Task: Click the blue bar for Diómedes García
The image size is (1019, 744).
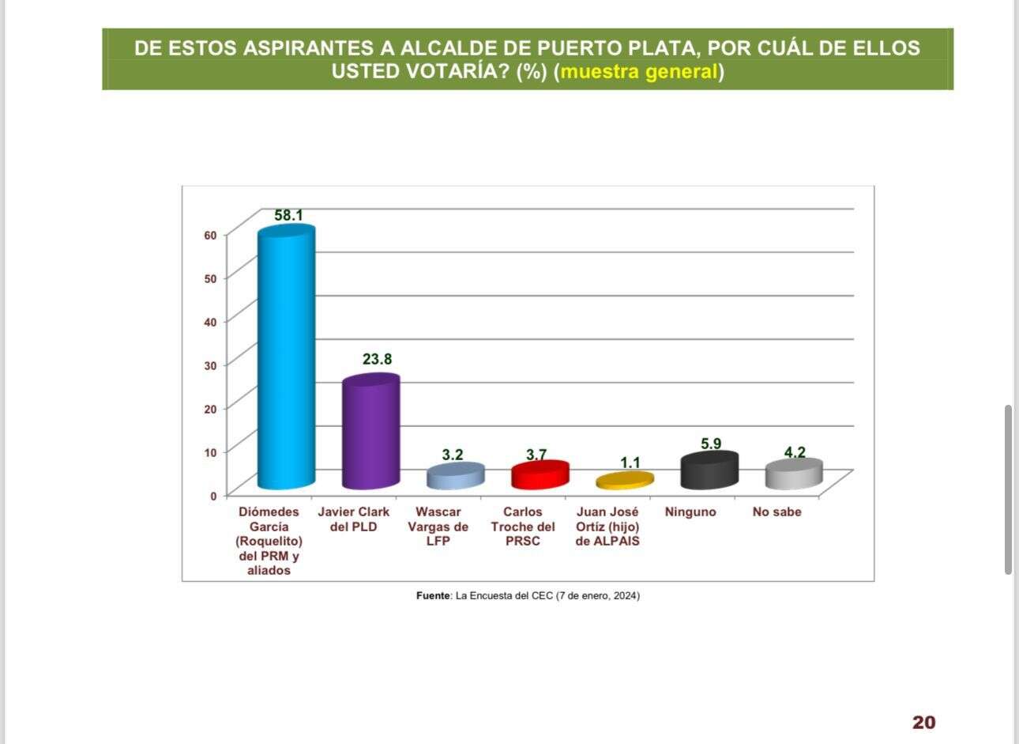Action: [287, 360]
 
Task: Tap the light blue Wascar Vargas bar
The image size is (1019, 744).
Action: [455, 476]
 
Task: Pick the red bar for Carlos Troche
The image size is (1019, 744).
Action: [540, 474]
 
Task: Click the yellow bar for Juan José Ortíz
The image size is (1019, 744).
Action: [624, 480]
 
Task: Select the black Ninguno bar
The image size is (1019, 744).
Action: [709, 470]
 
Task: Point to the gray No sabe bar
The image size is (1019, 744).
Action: [793, 474]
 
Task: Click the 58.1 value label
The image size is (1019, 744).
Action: [288, 215]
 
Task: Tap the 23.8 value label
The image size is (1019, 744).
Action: [377, 359]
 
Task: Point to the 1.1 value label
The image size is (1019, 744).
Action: [630, 463]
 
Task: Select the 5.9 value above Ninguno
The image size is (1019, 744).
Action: [711, 444]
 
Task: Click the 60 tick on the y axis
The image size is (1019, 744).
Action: [210, 235]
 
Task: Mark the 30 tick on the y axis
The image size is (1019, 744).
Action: [210, 365]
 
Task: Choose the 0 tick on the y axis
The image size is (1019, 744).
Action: [213, 496]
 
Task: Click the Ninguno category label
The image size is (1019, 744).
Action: [690, 512]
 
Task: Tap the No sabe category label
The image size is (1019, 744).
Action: [776, 512]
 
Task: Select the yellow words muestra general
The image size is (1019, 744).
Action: [638, 72]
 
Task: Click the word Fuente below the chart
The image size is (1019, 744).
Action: [433, 596]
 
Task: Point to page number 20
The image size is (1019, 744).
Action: [923, 722]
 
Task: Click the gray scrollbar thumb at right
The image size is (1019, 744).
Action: [1008, 489]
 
